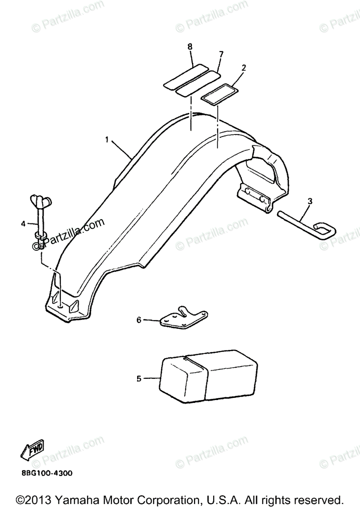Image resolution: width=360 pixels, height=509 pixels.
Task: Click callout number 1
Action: tap(107, 139)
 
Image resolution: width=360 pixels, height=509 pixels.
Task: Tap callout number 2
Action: tap(244, 67)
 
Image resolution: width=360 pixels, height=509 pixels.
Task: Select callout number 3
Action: tap(310, 201)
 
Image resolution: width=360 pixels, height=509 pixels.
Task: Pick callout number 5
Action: tap(138, 378)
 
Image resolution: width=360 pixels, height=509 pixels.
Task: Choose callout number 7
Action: tap(221, 54)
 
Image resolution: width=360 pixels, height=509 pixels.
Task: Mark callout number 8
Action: tap(190, 46)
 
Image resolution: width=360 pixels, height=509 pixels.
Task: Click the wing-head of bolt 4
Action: tap(40, 199)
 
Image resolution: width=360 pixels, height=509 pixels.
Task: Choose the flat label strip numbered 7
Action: tap(198, 83)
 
